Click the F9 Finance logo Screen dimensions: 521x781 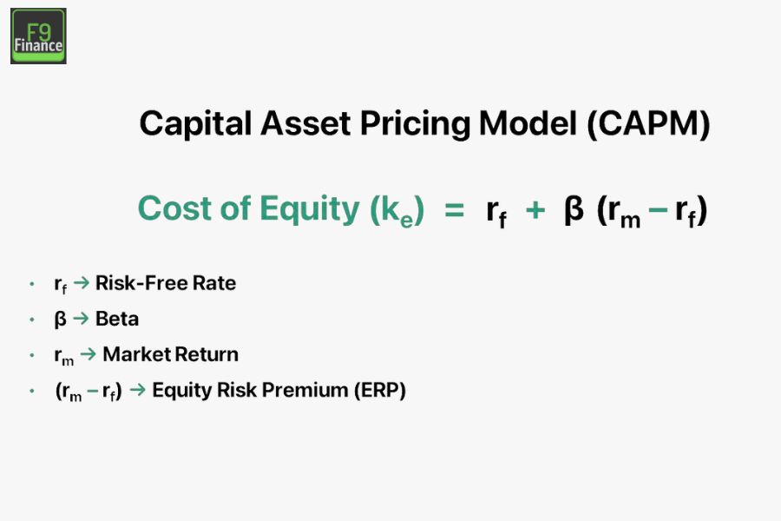point(38,36)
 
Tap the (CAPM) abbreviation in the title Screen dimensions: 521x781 point(648,124)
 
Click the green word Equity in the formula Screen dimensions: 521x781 point(299,209)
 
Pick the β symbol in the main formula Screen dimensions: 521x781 point(574,210)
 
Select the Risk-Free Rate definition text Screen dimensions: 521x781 point(166,283)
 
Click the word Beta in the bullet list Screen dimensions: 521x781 point(117,319)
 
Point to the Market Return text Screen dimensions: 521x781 point(170,354)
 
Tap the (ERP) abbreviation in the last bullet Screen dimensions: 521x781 point(379,390)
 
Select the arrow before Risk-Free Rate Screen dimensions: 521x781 point(82,284)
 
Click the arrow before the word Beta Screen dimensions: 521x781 point(82,319)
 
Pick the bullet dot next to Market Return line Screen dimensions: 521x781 point(32,355)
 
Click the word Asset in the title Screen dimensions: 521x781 point(292,124)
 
